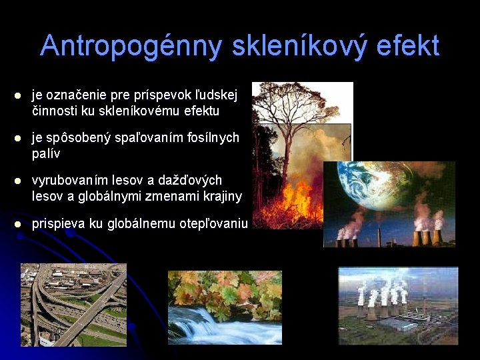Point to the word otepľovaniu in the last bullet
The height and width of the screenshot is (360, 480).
tap(213, 224)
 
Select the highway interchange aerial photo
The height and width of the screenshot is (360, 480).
tap(73, 304)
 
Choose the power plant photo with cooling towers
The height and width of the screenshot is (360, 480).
tap(398, 305)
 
